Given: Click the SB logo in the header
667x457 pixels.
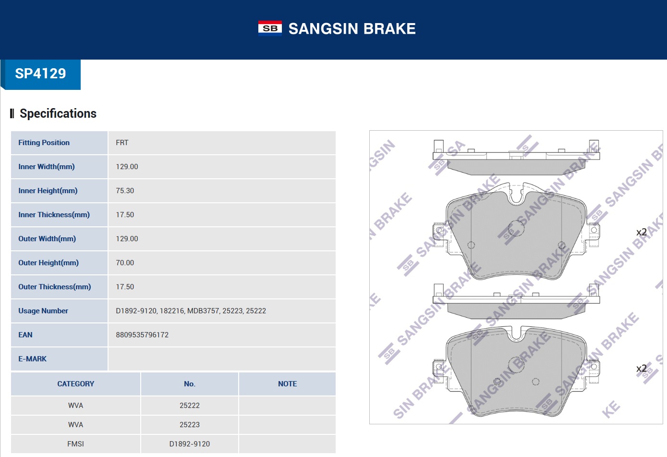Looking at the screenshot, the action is (270, 28).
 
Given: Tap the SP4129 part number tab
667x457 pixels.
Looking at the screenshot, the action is (41, 74).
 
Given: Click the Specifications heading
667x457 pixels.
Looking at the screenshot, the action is (58, 113).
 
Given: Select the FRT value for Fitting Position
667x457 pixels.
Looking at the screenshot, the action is (122, 143).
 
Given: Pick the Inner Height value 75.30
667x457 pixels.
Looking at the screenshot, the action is (125, 191).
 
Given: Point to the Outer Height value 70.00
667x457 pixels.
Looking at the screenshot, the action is (125, 263).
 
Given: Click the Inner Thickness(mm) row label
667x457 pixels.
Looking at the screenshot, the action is (54, 215).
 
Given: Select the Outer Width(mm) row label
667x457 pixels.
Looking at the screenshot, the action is (47, 239).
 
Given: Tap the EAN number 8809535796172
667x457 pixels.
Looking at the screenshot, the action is (142, 335).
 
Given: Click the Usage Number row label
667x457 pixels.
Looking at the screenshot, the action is (43, 311).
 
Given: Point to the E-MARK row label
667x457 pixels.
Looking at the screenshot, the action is (33, 359).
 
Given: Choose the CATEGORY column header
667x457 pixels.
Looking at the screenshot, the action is (76, 384).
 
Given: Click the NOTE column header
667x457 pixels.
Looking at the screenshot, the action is (287, 384).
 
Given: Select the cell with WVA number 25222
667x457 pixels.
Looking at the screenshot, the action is (190, 406).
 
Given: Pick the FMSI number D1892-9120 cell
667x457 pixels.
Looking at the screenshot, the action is (190, 444).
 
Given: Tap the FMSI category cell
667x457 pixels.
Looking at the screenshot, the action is (76, 444).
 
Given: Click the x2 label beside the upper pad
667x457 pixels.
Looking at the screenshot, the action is (642, 232).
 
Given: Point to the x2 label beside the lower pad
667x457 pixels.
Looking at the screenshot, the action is (642, 369).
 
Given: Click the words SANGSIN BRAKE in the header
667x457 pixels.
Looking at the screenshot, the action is (352, 29).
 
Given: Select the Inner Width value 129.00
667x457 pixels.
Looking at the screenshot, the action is (127, 167).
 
